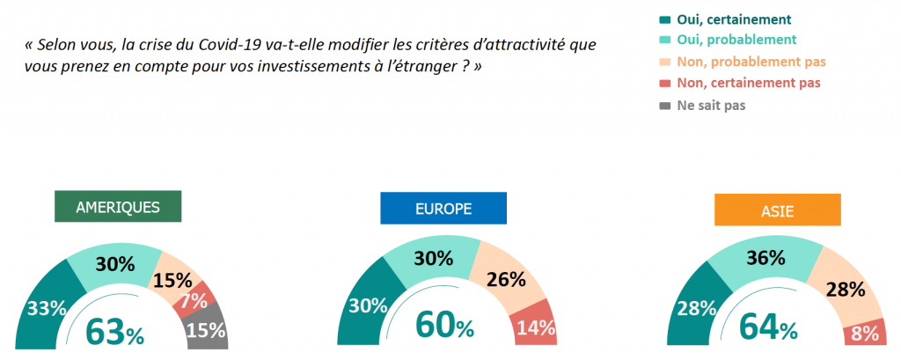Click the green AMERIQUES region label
117,208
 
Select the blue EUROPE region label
443,209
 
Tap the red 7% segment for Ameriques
195,300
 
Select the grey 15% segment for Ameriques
209,331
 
